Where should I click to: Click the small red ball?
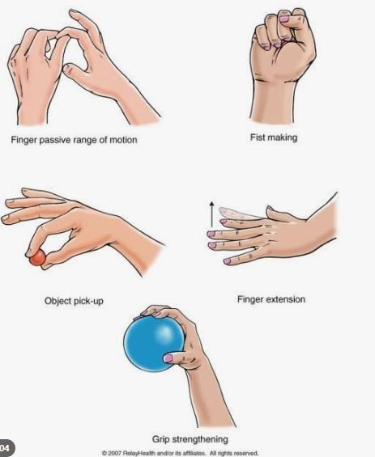(x=37, y=258)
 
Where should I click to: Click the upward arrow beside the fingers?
(x=212, y=214)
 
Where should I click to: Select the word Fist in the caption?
(x=256, y=138)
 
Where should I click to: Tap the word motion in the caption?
(x=123, y=140)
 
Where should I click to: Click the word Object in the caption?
(x=58, y=301)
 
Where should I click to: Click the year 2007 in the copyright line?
(x=115, y=453)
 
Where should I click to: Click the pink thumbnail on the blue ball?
(x=168, y=358)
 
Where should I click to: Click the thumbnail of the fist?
(x=284, y=19)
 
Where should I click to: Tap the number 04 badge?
(x=6, y=447)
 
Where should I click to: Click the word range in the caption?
(x=85, y=141)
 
